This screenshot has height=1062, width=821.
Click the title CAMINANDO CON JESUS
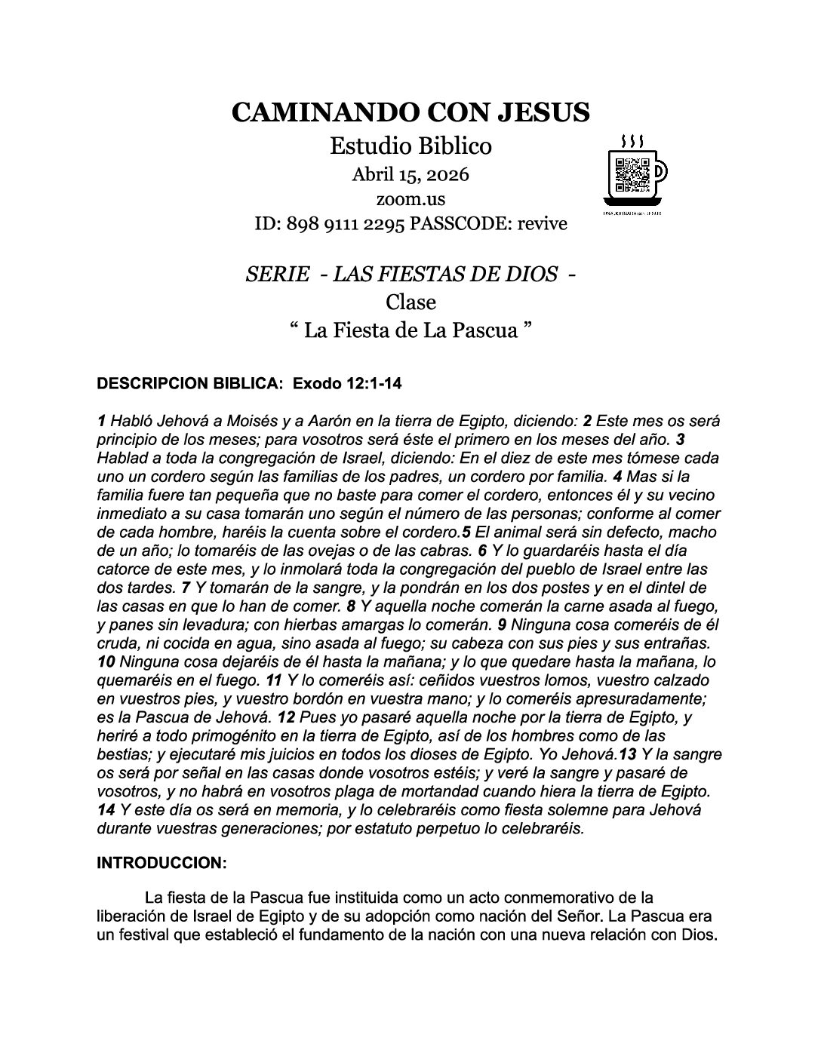(x=410, y=112)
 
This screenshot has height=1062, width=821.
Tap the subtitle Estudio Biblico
(x=410, y=146)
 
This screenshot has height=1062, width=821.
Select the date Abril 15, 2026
(x=410, y=175)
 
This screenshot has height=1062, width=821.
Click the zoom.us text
(x=410, y=200)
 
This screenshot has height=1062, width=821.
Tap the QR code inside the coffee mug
(x=632, y=175)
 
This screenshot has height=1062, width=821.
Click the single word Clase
(x=410, y=302)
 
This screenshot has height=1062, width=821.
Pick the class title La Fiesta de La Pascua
(x=410, y=330)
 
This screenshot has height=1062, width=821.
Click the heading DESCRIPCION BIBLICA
(x=186, y=384)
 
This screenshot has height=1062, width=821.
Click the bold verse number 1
(x=101, y=421)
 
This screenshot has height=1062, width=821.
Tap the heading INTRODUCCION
(x=161, y=864)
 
